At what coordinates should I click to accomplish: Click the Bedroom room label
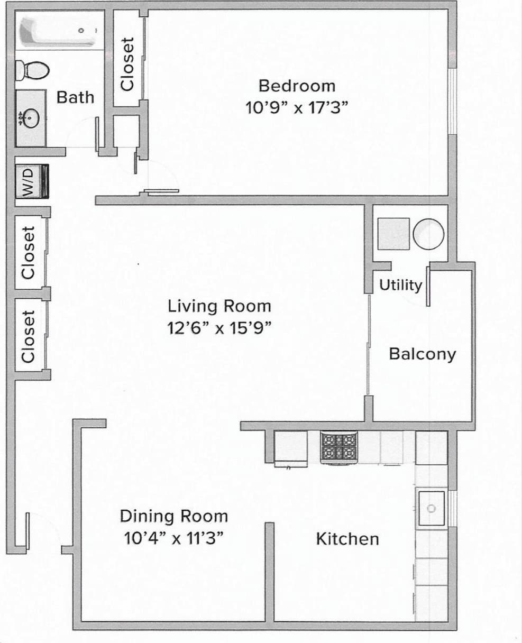pos(297,86)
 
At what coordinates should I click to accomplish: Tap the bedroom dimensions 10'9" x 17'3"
pos(297,108)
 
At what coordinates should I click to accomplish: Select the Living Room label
pos(219,306)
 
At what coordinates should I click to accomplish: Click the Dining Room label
pos(173,516)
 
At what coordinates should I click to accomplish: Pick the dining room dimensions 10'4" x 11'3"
pos(173,538)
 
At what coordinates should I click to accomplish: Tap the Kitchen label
pos(347,539)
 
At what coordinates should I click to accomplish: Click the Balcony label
pos(422,354)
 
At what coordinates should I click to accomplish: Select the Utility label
pos(400,285)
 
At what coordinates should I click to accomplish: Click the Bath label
pos(75,97)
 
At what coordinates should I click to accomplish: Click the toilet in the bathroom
pos(32,69)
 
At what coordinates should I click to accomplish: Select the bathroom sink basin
pos(30,117)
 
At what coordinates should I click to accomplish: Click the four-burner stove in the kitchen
pos(338,447)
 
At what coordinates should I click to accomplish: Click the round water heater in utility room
pos(428,234)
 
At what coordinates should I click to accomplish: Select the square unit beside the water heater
pos(393,234)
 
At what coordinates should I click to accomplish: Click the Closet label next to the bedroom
pos(127,63)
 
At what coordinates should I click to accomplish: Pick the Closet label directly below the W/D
pos(29,252)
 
